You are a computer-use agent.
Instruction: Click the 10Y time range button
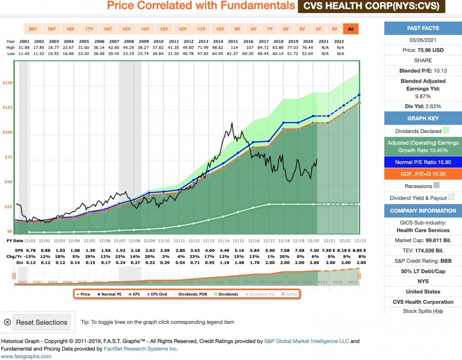(x=220, y=29)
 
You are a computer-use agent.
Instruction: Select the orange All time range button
(x=351, y=29)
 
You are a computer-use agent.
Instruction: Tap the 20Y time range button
(x=33, y=29)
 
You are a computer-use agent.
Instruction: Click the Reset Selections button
(x=42, y=322)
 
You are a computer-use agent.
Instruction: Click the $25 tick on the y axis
(x=8, y=207)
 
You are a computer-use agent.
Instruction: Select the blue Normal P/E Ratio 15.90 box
(x=423, y=162)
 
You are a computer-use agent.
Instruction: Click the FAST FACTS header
(x=423, y=28)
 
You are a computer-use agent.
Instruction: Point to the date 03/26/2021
(x=423, y=40)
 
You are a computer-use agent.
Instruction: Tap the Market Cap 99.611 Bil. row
(x=423, y=240)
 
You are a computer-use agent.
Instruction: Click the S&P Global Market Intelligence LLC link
(x=306, y=341)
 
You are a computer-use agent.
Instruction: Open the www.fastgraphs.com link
(x=26, y=356)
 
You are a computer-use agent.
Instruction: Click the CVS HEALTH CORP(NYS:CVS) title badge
(x=371, y=6)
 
